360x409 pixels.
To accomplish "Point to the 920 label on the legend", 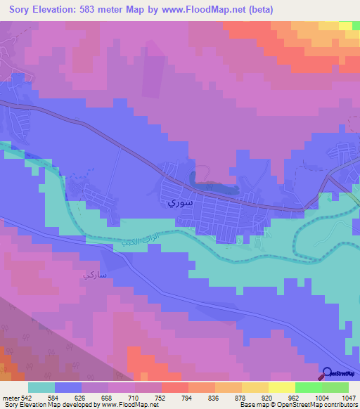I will pos(268,398).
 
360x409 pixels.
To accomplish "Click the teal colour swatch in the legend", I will pos(41,387).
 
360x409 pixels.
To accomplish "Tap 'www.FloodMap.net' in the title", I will pos(203,10).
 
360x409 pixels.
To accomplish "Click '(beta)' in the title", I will pos(257,10).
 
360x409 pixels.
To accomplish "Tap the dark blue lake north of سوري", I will pos(211,186).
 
